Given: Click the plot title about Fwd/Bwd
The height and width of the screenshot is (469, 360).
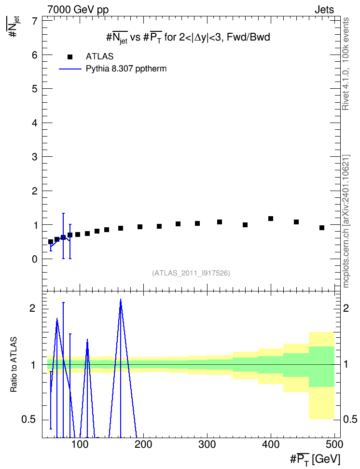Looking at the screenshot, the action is pos(188,38).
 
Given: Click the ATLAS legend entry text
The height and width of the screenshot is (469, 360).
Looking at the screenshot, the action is pos(99,56).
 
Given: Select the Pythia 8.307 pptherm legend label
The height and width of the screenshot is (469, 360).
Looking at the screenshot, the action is pos(126,69).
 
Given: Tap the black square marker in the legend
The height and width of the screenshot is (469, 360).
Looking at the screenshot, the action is pos(70,57).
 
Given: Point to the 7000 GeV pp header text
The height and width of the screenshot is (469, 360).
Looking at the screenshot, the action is pos(78,10).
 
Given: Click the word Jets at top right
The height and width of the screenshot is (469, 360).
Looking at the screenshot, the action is pos(324,10).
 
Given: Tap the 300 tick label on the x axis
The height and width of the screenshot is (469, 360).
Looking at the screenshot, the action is pos(207,444).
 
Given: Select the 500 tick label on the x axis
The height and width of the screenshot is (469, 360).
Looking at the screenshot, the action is pos(334,444).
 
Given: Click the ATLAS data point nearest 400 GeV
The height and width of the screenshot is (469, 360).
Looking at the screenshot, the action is pos(271,219).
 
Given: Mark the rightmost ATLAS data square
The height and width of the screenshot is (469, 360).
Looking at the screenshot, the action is pos(322,228).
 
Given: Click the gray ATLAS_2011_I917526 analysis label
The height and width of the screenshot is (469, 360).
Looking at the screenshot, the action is pos(191,273).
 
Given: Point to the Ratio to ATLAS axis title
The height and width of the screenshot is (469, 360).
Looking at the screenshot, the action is pos(14,364).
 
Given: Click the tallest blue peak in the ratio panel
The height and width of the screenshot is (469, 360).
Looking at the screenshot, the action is pos(121,300).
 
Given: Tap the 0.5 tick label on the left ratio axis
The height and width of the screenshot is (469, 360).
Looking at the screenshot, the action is pos(29,420).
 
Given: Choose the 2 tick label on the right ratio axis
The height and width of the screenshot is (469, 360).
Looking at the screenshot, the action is pos(346,308).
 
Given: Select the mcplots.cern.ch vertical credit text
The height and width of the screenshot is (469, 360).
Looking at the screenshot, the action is pos(346,221).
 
